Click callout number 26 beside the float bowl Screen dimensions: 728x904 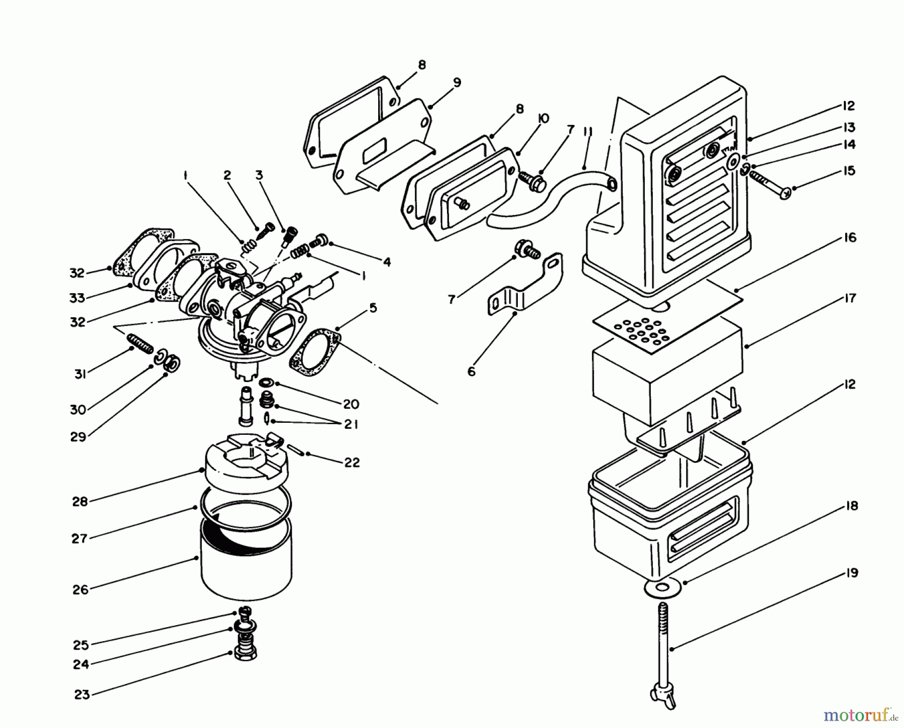[80, 589]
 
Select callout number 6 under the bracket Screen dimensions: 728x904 [471, 372]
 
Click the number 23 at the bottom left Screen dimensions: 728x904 [81, 695]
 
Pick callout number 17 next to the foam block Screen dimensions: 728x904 [850, 299]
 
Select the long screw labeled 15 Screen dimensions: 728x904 [768, 183]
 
